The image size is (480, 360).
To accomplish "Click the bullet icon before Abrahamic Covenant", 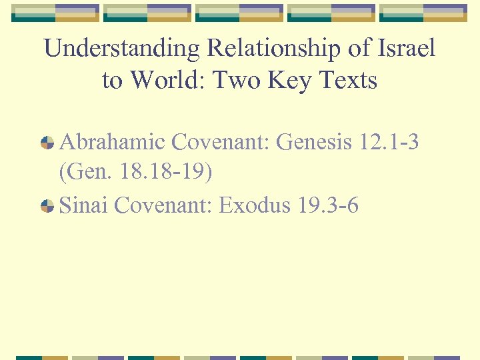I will click(47, 143).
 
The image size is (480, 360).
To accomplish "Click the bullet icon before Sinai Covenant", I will click(47, 207).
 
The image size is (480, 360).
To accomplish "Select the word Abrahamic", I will click(112, 142).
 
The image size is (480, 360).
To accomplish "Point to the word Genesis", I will click(313, 142).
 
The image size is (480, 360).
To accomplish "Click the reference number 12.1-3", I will click(389, 142).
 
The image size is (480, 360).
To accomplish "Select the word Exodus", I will click(255, 205).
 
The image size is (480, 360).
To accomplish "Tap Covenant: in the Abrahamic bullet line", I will click(221, 142).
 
